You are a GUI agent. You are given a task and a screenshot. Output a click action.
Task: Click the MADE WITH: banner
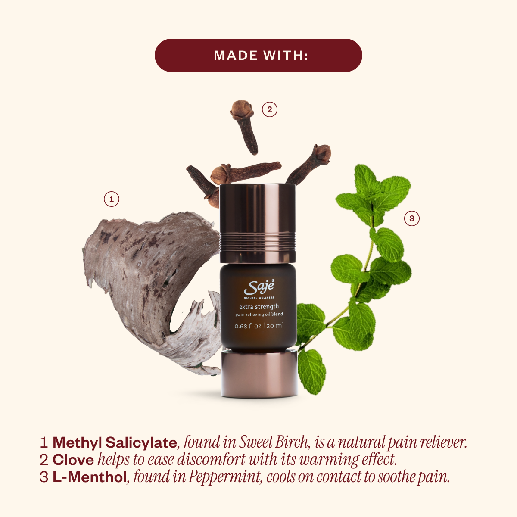tap(258, 55)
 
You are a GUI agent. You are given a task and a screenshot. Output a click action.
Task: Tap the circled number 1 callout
tap(111, 199)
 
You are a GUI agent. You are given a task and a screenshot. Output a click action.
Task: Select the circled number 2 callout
tap(269, 109)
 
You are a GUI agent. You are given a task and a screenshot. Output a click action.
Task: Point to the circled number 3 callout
tap(411, 218)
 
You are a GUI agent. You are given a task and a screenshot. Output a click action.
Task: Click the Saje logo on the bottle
tap(259, 287)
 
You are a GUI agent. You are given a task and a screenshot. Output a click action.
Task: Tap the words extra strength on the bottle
tap(259, 307)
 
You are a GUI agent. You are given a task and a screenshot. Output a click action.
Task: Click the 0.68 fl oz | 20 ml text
tap(259, 326)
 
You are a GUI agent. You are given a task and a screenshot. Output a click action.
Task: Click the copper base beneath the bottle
tap(259, 374)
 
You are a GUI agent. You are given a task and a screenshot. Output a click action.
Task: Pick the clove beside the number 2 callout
tap(245, 126)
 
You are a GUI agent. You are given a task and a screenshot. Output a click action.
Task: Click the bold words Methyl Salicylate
tap(115, 442)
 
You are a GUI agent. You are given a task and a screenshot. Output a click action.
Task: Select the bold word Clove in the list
tap(73, 460)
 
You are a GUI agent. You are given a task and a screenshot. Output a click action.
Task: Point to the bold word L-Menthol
tap(89, 477)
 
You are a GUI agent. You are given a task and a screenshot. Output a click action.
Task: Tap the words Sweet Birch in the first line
tap(273, 442)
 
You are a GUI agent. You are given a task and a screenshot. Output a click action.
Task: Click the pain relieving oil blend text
tap(259, 315)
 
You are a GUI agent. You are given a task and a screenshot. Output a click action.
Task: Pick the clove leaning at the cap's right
tap(308, 164)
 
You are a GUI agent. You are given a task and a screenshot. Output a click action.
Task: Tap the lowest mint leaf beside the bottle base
tap(311, 371)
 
